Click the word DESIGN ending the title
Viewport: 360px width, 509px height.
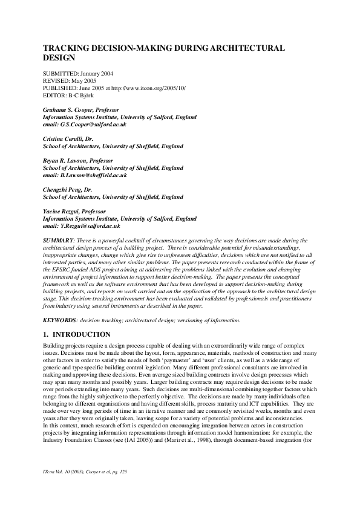coord(58,59)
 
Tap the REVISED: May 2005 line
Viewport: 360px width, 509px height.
coord(70,80)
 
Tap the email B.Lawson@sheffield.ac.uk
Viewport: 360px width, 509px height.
coord(93,175)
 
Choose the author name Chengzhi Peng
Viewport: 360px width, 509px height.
coord(62,189)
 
